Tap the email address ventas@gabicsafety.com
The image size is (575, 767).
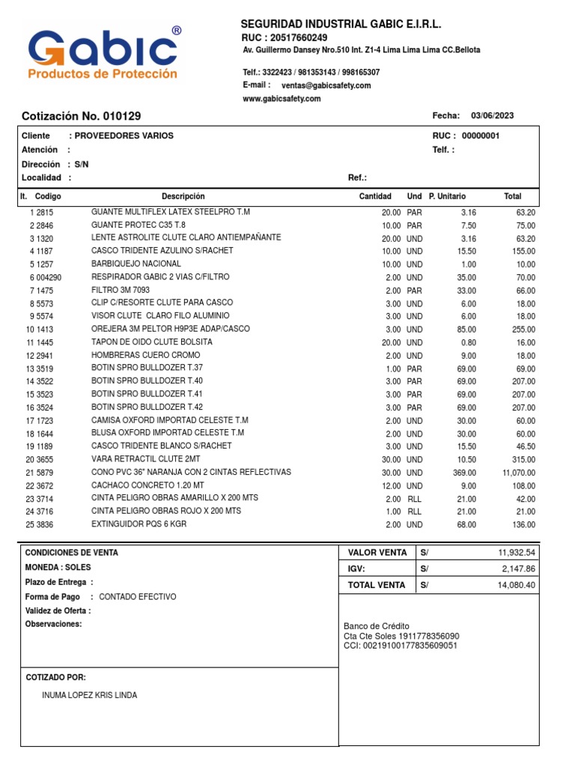click(x=326, y=85)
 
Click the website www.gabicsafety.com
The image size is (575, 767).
click(x=282, y=99)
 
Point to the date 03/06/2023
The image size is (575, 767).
click(x=492, y=115)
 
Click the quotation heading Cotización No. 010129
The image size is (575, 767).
click(x=81, y=116)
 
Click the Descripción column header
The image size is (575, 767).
click(x=183, y=196)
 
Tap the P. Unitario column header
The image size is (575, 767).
click(x=447, y=196)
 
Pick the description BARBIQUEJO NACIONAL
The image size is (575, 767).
click(x=136, y=264)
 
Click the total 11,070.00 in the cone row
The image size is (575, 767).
click(x=518, y=473)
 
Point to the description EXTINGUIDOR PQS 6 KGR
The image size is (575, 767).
click(x=139, y=524)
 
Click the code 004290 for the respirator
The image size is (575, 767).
click(x=50, y=277)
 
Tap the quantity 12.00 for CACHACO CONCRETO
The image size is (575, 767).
click(x=390, y=486)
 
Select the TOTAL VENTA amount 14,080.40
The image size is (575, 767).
click(x=517, y=585)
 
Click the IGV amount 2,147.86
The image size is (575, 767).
click(x=518, y=569)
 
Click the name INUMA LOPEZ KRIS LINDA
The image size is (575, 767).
click(x=90, y=695)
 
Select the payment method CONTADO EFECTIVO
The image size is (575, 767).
click(x=138, y=597)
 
